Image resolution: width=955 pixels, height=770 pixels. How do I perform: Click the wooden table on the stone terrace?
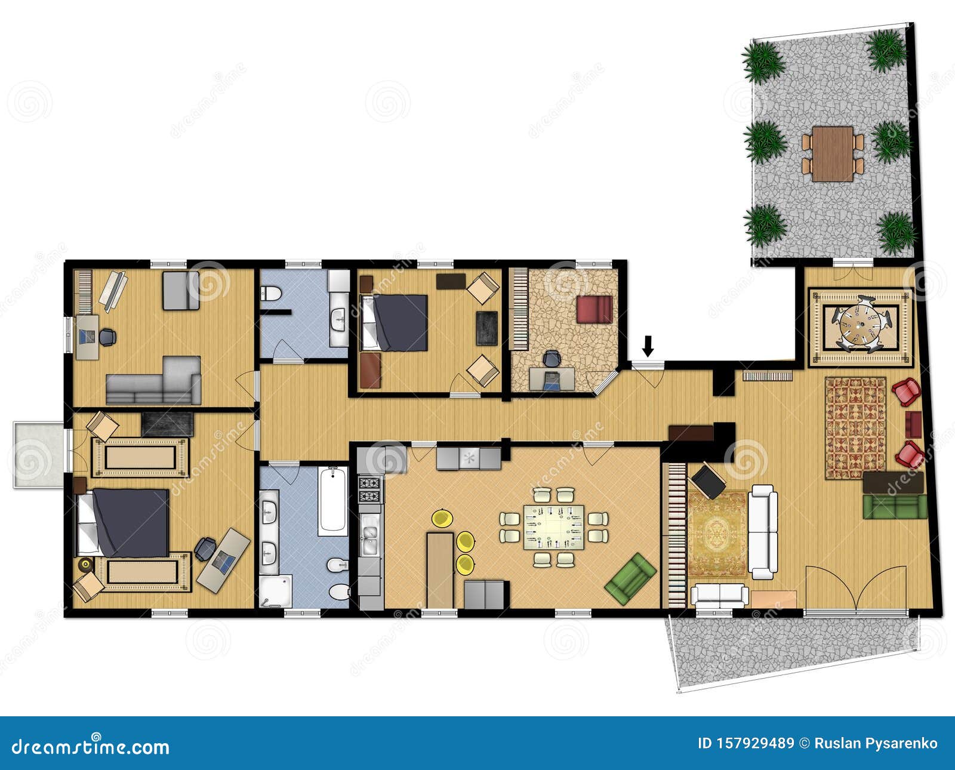click(833, 153)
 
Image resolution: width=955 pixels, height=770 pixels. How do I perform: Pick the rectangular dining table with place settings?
click(554, 527)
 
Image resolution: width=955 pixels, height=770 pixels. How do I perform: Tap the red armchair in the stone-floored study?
click(594, 309)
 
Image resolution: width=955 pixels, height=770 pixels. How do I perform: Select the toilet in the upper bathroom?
click(272, 294)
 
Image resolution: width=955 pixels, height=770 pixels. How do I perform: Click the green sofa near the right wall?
click(894, 506)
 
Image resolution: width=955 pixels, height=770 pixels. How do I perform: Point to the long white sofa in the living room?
click(763, 531)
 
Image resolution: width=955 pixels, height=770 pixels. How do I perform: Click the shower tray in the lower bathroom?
click(276, 591)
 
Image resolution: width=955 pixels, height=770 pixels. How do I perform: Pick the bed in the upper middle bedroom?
click(395, 323)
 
